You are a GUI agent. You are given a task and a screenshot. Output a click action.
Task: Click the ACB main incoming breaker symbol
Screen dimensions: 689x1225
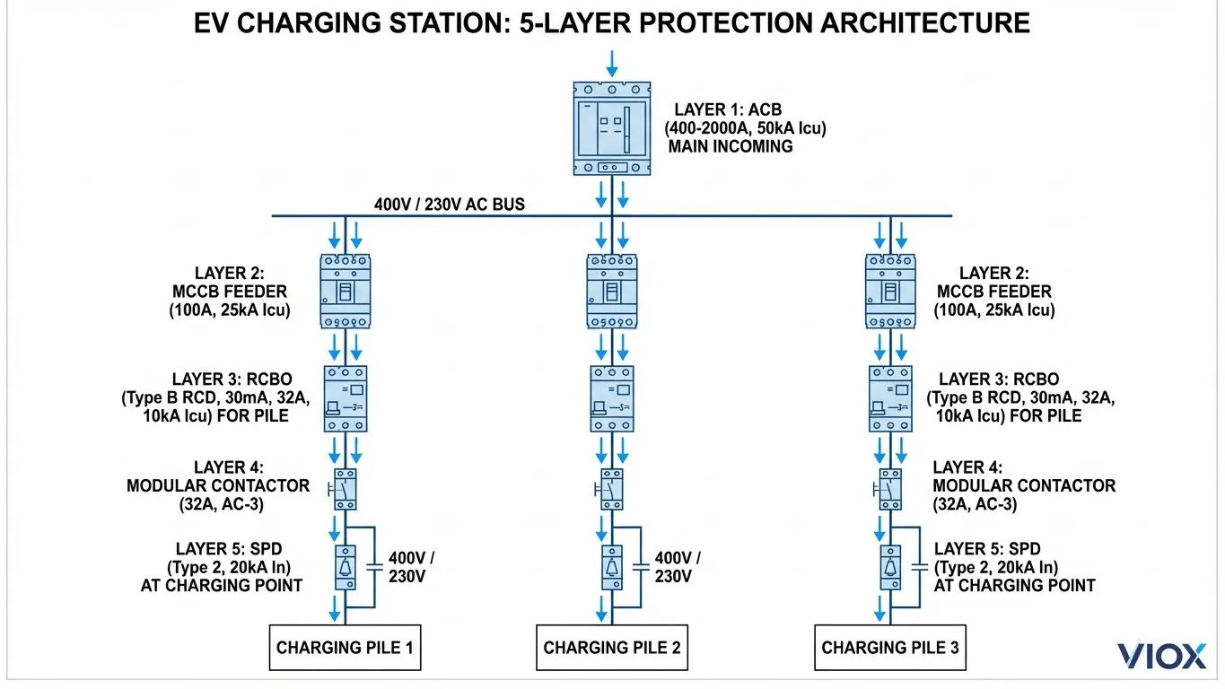[612, 128]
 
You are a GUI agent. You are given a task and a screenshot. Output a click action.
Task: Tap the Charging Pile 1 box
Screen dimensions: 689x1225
[346, 648]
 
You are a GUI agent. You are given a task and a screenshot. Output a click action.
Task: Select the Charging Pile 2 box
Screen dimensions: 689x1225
[612, 648]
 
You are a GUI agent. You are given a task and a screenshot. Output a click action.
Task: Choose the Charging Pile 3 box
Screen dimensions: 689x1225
[890, 648]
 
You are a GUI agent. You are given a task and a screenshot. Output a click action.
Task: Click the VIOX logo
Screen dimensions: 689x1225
[1161, 656]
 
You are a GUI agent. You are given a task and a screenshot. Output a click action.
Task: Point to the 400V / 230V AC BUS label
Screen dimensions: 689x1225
[449, 205]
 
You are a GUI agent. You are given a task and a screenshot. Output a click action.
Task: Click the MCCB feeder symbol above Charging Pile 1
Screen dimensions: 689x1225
[346, 291]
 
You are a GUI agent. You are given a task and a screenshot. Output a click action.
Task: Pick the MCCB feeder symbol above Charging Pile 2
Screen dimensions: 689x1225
[612, 291]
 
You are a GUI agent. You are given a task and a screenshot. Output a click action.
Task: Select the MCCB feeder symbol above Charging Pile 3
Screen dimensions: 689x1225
[890, 291]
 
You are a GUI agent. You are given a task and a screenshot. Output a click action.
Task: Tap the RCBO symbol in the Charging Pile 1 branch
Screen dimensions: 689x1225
[346, 399]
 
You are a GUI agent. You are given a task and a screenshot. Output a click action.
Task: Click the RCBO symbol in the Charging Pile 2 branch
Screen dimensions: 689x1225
[612, 399]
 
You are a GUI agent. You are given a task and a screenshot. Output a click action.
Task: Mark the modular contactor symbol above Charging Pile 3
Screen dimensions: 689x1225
[890, 489]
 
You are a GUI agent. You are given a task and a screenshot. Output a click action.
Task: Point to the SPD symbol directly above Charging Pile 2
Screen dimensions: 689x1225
[612, 567]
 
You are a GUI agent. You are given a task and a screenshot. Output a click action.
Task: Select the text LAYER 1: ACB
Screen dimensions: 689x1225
[728, 110]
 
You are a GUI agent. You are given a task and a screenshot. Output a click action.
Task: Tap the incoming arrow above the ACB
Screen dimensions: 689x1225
[612, 63]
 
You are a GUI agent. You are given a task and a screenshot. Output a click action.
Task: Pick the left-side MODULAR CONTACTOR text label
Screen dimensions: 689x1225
[218, 485]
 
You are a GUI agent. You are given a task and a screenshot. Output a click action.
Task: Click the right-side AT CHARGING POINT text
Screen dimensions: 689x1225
[1014, 585]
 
